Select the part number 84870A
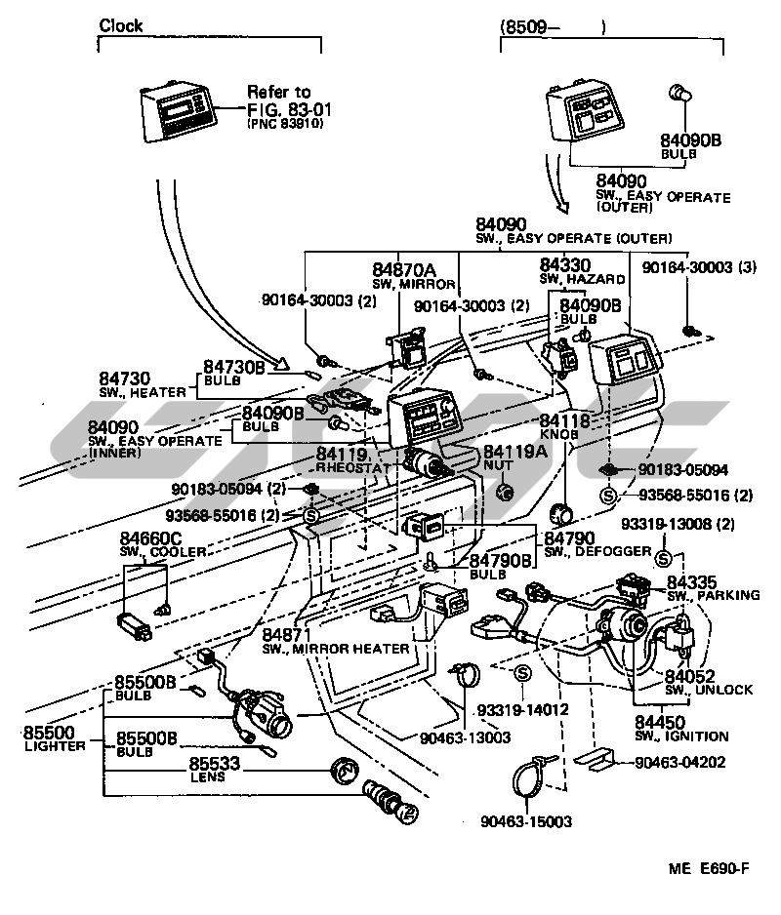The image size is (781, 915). [x=403, y=269]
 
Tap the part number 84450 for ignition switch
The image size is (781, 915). [x=662, y=722]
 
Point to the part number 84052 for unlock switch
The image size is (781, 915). [x=690, y=675]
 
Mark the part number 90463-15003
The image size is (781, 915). [x=526, y=822]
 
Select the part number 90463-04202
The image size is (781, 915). [x=679, y=762]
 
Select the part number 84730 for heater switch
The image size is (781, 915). [x=124, y=378]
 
